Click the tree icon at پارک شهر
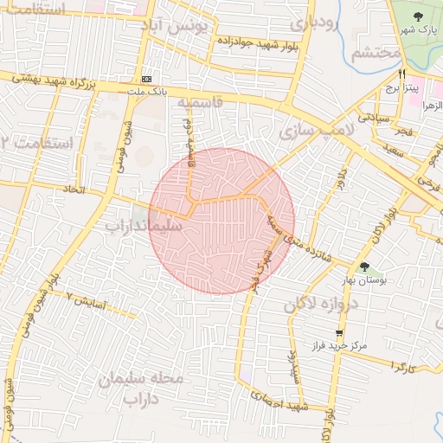coord(419,16)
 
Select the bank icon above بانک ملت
coord(146,77)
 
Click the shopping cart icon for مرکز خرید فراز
coord(339,332)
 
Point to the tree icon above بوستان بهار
coord(363,266)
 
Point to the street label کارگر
coord(403,368)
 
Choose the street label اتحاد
coord(74,189)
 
